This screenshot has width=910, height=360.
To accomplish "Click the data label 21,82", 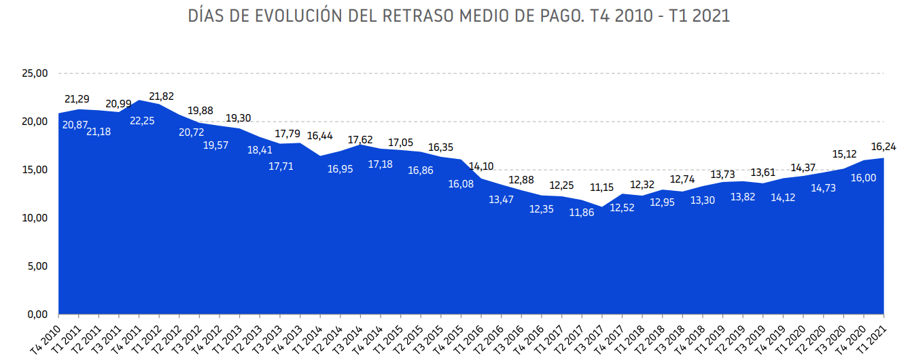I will [x=162, y=96].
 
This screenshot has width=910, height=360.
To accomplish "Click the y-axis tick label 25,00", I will [x=33, y=73].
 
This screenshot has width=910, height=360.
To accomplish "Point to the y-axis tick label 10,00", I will [x=33, y=218].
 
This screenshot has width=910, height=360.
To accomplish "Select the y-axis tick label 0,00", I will [x=36, y=314].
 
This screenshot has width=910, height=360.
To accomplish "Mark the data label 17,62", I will [x=360, y=140].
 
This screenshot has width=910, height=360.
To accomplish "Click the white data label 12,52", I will [x=622, y=207].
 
